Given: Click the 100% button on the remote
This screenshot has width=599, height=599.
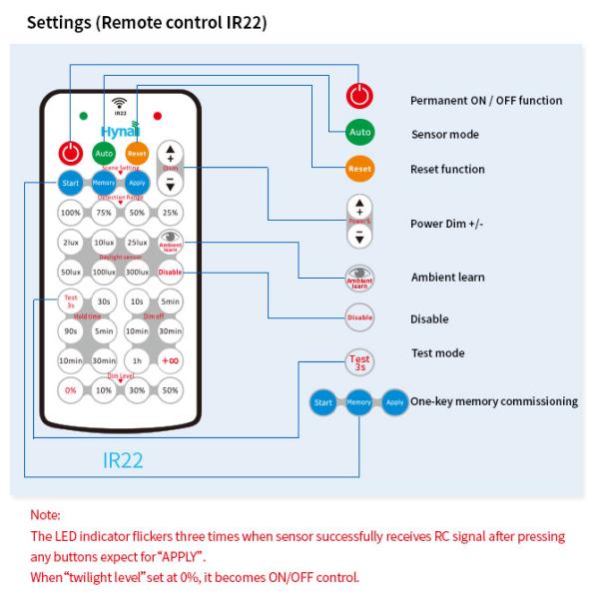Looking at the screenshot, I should [70, 213].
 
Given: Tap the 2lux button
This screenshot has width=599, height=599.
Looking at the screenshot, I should [70, 243].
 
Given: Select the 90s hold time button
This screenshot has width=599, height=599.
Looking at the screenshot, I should [70, 330].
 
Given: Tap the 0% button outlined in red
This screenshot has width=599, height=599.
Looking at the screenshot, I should [70, 389].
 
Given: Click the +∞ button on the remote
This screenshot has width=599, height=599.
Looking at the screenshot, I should [171, 360].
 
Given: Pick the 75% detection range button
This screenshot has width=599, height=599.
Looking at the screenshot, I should [104, 213].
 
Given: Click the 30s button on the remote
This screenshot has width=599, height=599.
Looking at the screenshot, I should [104, 301].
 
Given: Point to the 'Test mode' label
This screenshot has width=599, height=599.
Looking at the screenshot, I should [437, 353].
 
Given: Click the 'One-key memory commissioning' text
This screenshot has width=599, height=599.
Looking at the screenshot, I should [493, 401].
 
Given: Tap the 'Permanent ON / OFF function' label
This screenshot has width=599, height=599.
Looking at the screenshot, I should [486, 101].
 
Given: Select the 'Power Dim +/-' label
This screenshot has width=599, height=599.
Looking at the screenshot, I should [448, 224].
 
